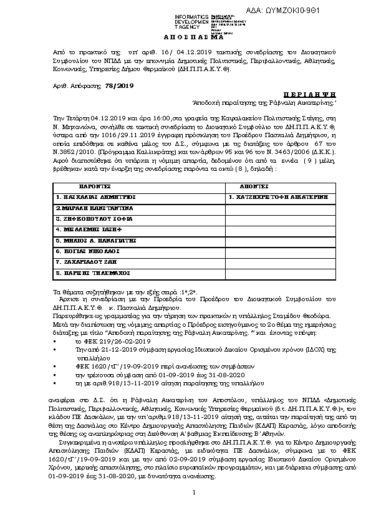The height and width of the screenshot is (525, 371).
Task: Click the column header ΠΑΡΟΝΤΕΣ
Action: tap(94, 186)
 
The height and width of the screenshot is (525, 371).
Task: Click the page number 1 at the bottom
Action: tap(194, 511)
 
